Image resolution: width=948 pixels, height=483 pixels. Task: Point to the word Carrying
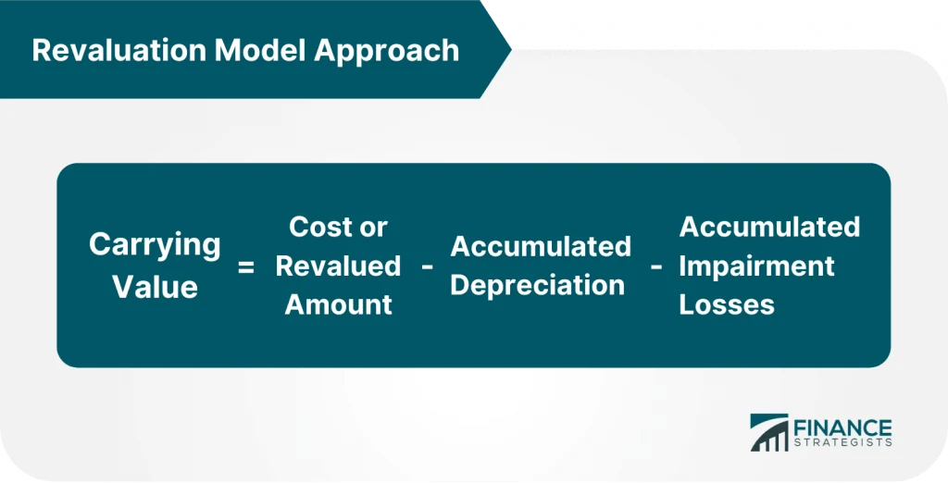pyautogui.click(x=155, y=246)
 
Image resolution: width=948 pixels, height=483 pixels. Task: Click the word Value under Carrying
pyautogui.click(x=155, y=286)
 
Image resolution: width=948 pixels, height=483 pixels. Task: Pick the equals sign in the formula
pyautogui.click(x=245, y=267)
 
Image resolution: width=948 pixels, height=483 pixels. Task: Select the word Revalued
pyautogui.click(x=338, y=266)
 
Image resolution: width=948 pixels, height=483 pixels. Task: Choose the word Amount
pyautogui.click(x=338, y=304)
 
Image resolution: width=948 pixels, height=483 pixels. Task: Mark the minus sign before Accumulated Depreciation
pyautogui.click(x=427, y=266)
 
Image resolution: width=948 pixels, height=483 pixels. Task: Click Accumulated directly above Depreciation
pyautogui.click(x=541, y=246)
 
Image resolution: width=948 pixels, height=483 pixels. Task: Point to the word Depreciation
pyautogui.click(x=537, y=285)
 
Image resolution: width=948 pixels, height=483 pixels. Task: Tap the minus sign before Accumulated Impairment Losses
pyautogui.click(x=655, y=266)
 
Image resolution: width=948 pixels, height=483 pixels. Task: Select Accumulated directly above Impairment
pyautogui.click(x=769, y=227)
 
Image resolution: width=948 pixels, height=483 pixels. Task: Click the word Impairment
pyautogui.click(x=756, y=266)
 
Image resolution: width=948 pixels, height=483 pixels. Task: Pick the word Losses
pyautogui.click(x=727, y=304)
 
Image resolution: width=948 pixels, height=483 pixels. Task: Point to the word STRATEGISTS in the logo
pyautogui.click(x=842, y=443)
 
